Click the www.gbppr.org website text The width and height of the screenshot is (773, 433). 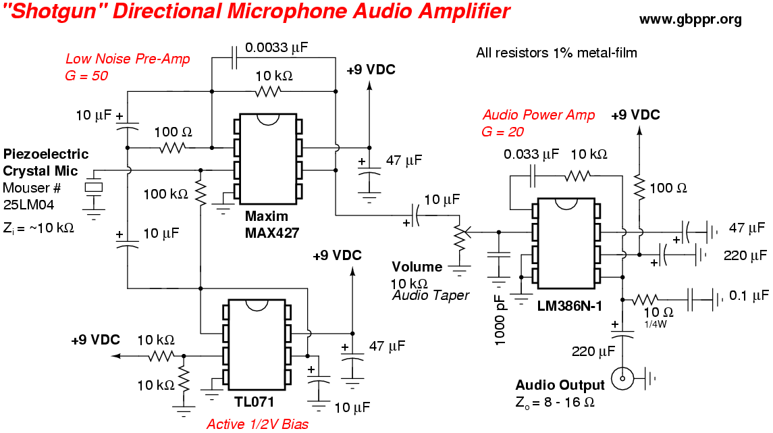tap(690, 19)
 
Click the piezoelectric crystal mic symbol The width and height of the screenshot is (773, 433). tap(94, 188)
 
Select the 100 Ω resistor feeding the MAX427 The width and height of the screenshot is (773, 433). tap(171, 147)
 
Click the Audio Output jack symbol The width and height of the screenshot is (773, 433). tap(620, 378)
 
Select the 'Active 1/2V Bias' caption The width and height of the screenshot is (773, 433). tap(257, 424)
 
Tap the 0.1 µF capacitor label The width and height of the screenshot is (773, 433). tap(749, 295)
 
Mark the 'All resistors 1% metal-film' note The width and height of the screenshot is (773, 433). tap(556, 52)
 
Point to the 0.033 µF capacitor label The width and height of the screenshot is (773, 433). tap(531, 154)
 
